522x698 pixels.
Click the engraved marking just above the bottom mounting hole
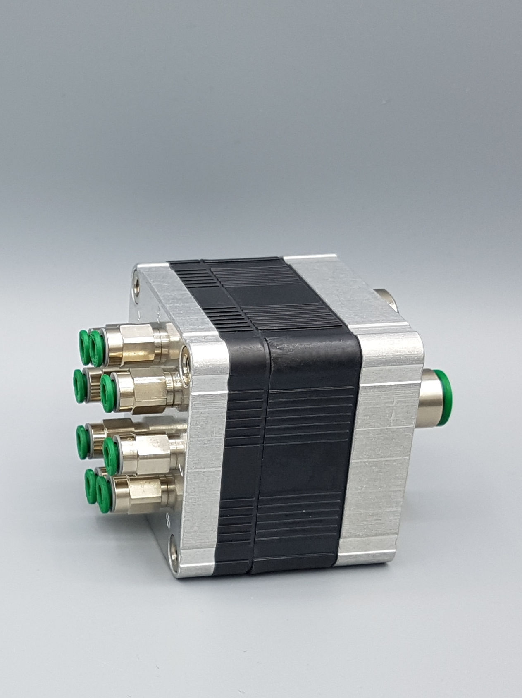(169, 524)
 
